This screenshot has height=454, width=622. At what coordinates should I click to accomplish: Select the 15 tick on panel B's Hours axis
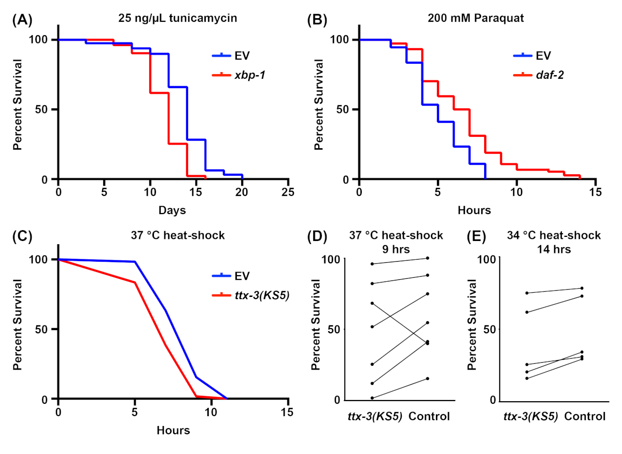(596, 192)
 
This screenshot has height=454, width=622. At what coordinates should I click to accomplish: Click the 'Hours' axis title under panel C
(173, 430)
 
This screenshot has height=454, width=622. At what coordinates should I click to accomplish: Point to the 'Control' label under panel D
(429, 416)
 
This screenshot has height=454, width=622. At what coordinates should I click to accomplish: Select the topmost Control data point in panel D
(427, 258)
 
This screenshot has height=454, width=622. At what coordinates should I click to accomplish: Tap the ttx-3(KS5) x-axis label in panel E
(530, 416)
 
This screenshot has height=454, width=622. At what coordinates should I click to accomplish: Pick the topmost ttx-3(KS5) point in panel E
(527, 293)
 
